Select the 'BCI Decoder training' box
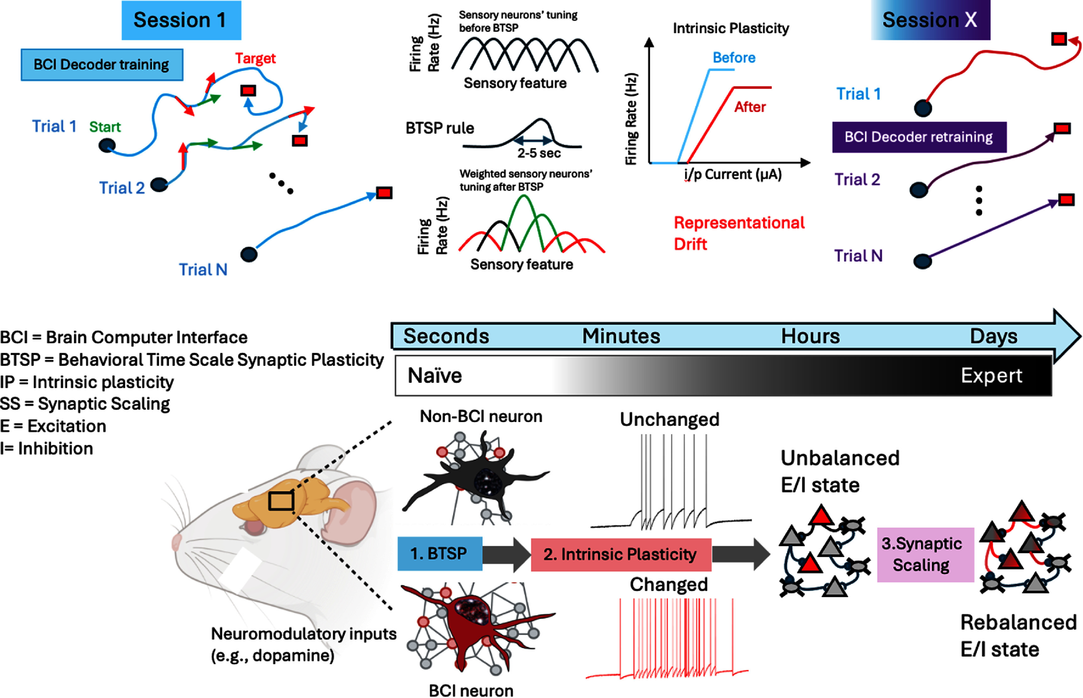point(102,65)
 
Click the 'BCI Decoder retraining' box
point(919,137)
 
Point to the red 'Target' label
point(255,58)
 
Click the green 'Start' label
point(105,127)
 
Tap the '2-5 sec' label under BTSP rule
point(539,153)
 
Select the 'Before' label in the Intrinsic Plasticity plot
point(734,57)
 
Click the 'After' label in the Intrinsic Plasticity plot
point(750,107)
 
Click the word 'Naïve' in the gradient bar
point(435,376)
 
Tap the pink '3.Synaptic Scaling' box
point(925,554)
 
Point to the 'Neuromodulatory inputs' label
point(304,634)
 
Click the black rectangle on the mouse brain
point(281,501)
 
